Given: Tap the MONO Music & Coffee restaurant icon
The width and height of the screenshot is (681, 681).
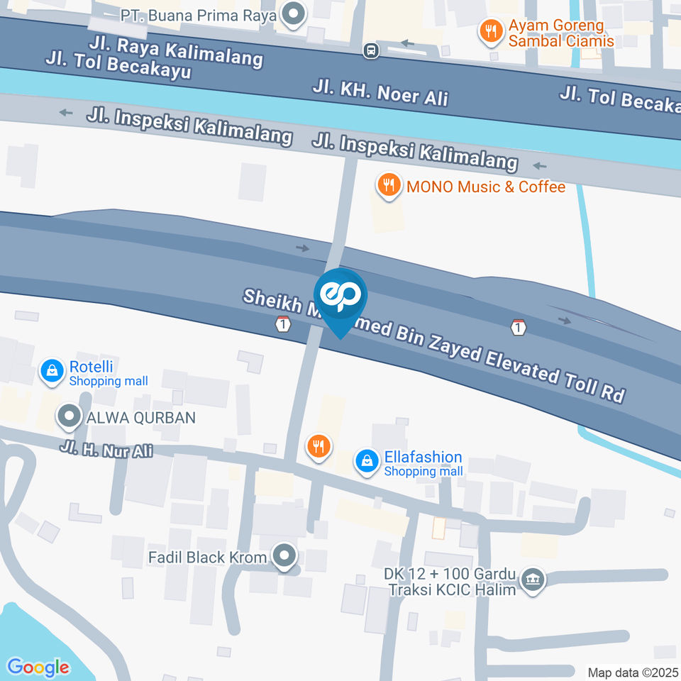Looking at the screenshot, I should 387,187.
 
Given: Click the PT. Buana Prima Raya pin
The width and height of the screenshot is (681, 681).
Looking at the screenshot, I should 292,14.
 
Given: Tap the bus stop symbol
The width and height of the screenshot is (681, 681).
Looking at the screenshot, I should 370,50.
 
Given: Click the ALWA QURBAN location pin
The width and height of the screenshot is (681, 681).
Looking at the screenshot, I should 70,417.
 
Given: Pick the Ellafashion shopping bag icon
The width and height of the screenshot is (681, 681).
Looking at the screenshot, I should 367,461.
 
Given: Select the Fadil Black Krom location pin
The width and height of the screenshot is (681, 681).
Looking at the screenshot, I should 285,557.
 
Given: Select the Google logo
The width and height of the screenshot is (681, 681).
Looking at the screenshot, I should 38,667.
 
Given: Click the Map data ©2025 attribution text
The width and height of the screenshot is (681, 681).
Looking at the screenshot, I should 633,672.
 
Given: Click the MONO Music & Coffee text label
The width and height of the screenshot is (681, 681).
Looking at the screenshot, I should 486,187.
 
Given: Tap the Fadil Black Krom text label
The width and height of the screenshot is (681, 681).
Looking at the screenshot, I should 207,558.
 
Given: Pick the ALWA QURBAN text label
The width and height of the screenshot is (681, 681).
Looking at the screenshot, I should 140,417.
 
